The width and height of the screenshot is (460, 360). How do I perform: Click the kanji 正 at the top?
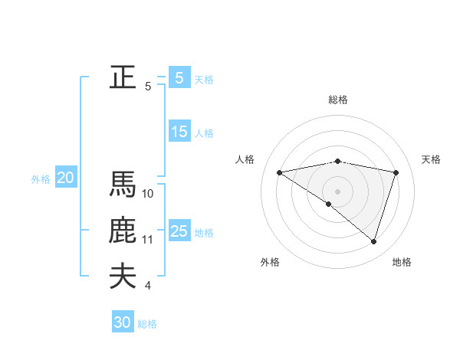point(123,77)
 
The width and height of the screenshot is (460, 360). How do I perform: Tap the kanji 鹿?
point(123,231)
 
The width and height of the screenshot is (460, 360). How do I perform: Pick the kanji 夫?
point(123,277)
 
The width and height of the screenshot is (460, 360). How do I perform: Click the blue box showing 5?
point(179,77)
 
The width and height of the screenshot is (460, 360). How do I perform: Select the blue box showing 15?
point(179,132)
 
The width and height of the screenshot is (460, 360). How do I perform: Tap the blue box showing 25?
point(179,231)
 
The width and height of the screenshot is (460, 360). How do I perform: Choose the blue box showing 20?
point(65,178)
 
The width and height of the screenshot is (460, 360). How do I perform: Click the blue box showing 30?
point(123,322)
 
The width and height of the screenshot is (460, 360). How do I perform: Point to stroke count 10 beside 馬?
point(148,194)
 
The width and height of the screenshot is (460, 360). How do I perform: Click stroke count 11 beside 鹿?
point(148,240)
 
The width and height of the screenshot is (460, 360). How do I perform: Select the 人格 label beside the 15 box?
point(204,133)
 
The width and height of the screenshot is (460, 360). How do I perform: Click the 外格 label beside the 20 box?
point(41,179)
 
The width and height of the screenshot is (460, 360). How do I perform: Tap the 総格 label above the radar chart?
point(337,100)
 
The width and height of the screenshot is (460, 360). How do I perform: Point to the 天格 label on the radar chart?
point(432,159)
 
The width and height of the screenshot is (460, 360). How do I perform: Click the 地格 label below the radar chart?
point(402,262)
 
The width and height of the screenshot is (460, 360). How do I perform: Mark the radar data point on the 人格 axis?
point(279,172)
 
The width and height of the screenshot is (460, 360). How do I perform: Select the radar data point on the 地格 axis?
point(373,241)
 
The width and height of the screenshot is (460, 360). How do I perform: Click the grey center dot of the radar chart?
point(337,191)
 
